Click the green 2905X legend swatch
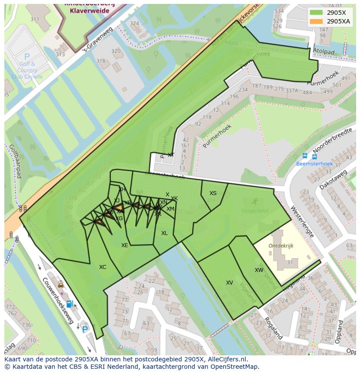pyautogui.click(x=317, y=12)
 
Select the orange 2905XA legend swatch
pyautogui.click(x=317, y=21)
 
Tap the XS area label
pyautogui.click(x=213, y=193)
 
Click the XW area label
pyautogui.click(x=259, y=270)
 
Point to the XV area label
pyautogui.click(x=230, y=283)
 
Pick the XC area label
pyautogui.click(x=103, y=267)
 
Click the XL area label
pyautogui.click(x=164, y=233)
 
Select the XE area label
pyautogui.click(x=125, y=245)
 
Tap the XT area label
pyautogui.click(x=171, y=155)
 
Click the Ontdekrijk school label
pyautogui.click(x=281, y=245)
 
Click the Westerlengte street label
pyautogui.click(x=302, y=222)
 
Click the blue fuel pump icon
pyautogui.click(x=69, y=304)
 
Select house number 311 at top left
pyautogui.click(x=35, y=19)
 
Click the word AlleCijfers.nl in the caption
pyautogui.click(x=226, y=360)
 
